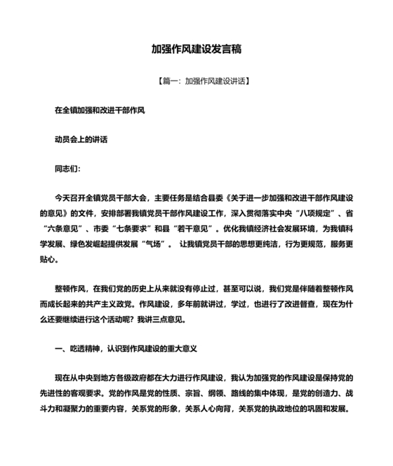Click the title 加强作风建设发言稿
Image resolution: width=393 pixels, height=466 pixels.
click(x=196, y=50)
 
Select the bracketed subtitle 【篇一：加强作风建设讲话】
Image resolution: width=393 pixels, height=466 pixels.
click(x=196, y=81)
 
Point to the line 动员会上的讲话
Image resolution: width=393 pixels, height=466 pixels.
click(x=81, y=139)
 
